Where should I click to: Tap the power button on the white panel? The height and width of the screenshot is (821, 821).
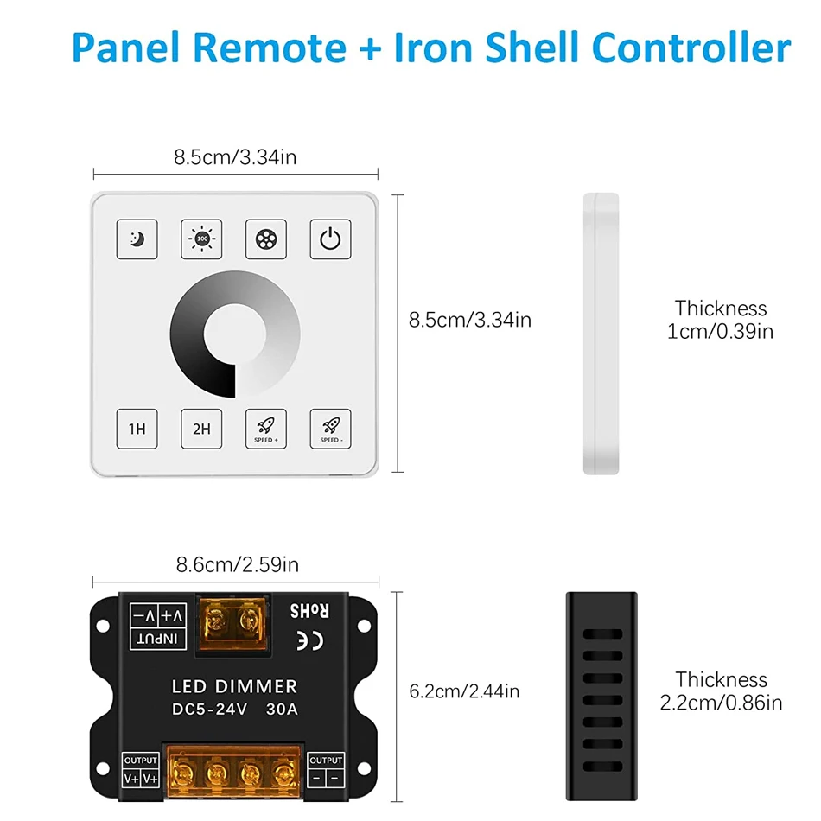tap(331, 239)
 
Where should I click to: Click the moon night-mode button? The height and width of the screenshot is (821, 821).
tap(137, 239)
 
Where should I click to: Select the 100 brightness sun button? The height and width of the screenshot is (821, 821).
tap(202, 239)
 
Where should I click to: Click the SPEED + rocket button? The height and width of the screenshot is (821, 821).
tap(266, 428)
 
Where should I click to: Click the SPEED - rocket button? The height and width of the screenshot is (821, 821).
tap(331, 428)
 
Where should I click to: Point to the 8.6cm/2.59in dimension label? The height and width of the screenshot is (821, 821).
tap(237, 565)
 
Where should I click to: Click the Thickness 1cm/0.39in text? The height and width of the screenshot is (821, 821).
tap(720, 320)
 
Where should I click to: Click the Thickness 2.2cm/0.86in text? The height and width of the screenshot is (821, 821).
tap(721, 691)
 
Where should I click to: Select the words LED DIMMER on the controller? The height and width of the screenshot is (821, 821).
tap(236, 687)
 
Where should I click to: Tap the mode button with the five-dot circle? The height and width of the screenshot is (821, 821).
tap(266, 239)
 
